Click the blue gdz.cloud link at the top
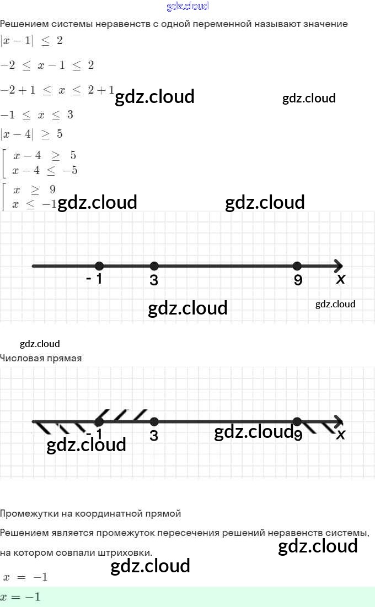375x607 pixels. tap(187, 7)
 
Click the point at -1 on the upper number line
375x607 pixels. tap(99, 266)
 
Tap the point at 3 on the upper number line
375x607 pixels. tap(154, 266)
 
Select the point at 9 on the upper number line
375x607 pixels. tap(297, 266)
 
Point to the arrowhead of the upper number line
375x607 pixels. tap(338, 266)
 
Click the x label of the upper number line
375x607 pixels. tap(341, 279)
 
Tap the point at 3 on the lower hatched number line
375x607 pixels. tap(154, 422)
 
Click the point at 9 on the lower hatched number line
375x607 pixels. tap(297, 422)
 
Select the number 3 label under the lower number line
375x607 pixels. tap(154, 436)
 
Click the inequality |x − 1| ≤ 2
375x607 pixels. tap(31, 41)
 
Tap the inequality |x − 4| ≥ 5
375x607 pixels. tap(31, 134)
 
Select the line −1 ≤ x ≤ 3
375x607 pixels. tap(37, 115)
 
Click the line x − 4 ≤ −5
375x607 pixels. tap(45, 170)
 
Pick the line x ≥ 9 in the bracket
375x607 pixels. tap(34, 190)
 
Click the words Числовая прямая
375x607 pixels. tap(41, 358)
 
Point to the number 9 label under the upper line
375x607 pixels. tap(298, 280)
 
